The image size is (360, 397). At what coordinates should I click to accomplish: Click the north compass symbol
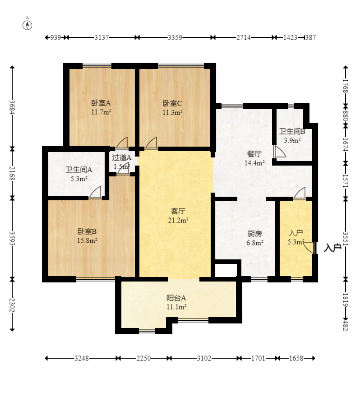click(x=28, y=25)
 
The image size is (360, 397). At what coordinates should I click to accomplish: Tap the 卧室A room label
click(x=101, y=103)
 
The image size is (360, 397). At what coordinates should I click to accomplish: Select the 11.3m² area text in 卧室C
click(x=172, y=112)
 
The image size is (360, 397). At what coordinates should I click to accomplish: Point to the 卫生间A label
click(x=79, y=170)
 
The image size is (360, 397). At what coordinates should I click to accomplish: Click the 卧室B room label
click(x=87, y=231)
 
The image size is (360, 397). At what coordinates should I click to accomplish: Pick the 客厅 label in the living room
click(x=178, y=211)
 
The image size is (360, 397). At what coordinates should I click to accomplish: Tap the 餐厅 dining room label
click(x=254, y=154)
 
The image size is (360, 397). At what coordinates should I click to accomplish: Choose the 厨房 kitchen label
click(x=255, y=234)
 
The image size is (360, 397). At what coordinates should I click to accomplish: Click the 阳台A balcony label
click(x=176, y=298)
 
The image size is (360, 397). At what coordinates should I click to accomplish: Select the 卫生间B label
click(x=292, y=131)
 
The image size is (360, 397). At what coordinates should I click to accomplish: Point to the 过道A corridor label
click(x=122, y=158)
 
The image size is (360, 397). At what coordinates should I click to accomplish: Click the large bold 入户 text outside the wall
click(x=332, y=248)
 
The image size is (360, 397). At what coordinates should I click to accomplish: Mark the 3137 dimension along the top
click(x=102, y=37)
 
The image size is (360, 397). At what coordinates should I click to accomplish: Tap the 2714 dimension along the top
click(x=244, y=37)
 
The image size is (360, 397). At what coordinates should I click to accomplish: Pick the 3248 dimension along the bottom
click(x=82, y=358)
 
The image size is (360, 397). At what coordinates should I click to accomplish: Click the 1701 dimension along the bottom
click(x=258, y=358)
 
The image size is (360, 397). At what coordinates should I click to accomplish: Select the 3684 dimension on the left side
click(x=12, y=107)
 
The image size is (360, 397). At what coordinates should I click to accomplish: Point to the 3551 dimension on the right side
click(x=346, y=239)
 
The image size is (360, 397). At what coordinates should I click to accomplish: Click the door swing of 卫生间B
click(x=280, y=152)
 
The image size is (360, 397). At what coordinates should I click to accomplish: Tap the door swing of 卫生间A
click(x=95, y=192)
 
